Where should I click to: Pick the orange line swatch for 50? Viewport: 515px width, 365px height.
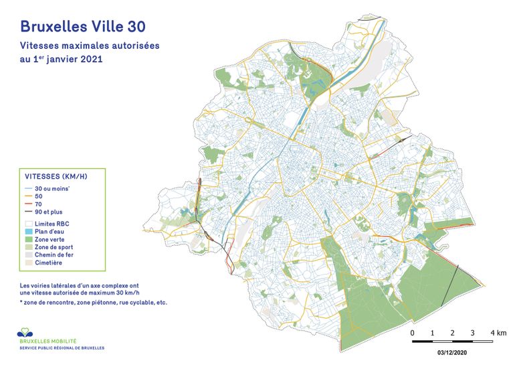[29, 196]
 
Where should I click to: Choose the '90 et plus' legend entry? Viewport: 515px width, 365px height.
[49, 212]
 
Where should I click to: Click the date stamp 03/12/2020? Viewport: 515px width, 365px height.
[453, 351]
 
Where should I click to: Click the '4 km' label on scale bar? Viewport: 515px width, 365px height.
[497, 333]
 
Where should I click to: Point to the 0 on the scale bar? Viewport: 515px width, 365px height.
[412, 333]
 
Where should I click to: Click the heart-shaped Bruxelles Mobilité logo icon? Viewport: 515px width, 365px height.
[26, 332]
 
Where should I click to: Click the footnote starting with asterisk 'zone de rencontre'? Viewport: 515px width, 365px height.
[94, 303]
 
